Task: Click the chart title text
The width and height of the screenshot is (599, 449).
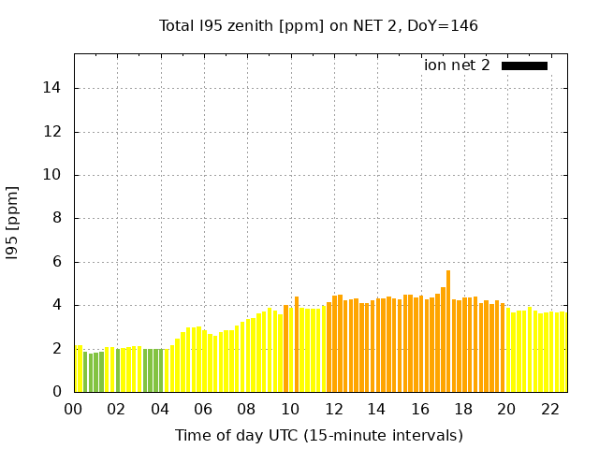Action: tap(318, 25)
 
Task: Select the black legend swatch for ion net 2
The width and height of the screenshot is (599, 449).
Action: tap(524, 65)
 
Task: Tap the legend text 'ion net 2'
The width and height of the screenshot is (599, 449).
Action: tap(457, 65)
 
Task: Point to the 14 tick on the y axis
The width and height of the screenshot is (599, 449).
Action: tap(56, 88)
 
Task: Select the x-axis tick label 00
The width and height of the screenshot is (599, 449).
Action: tap(74, 409)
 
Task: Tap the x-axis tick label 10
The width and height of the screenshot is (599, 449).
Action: tap(290, 409)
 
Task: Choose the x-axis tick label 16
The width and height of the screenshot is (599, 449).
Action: tap(420, 409)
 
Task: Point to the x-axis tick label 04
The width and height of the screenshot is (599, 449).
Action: tap(160, 409)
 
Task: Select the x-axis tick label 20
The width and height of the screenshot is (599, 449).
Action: tap(506, 409)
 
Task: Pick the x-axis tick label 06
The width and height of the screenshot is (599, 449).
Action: tap(204, 409)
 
